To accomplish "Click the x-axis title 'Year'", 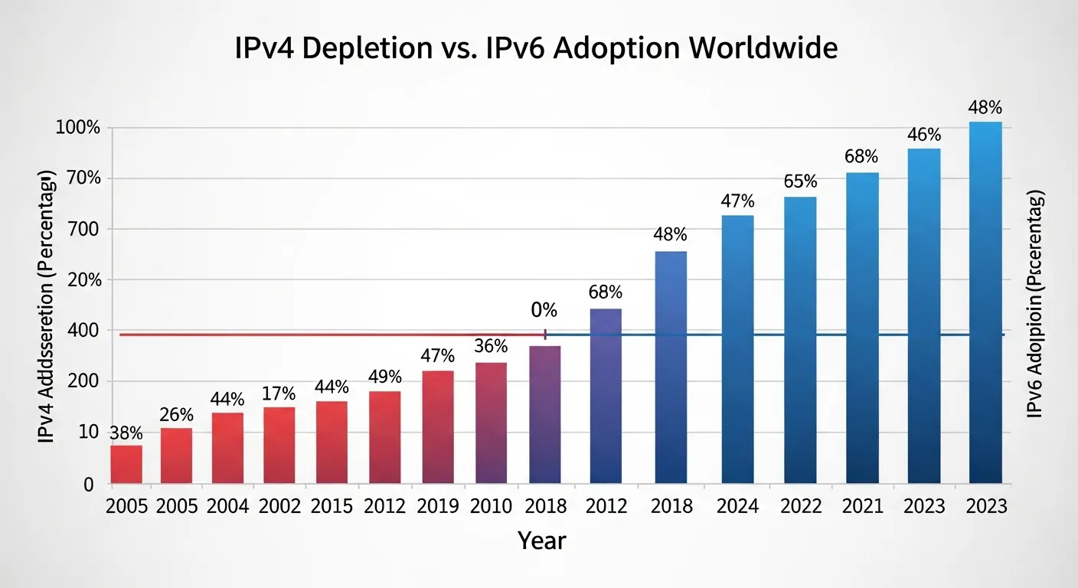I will pos(541,541).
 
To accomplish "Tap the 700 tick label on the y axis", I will pos(83,229).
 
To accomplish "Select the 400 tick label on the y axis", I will pos(83,331).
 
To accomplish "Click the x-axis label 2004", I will pos(227,507).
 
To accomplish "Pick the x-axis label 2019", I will pos(437,507).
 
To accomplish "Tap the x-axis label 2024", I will pos(737,507).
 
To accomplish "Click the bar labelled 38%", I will pos(126,464).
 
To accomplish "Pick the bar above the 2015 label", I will pos(332,442).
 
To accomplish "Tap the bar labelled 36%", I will pos(491,423).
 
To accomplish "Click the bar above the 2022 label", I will pos(800,340).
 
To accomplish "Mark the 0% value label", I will pos(544,310).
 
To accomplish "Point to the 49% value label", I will pos(384,377).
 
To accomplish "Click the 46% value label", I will pos(924,135).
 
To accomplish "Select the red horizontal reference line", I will pos(329,335).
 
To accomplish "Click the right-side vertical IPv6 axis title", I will pos(1035,305).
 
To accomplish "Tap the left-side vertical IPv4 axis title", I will pos(46,309).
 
